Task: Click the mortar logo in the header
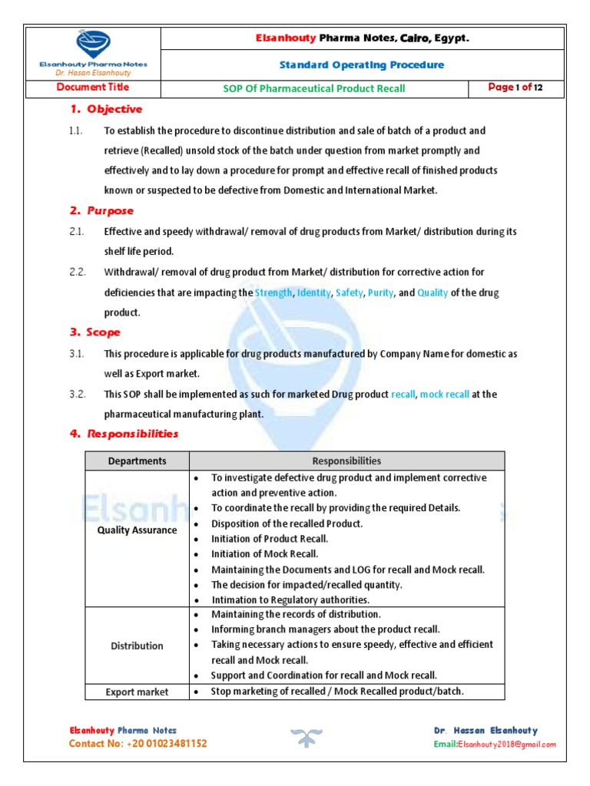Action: click(x=92, y=44)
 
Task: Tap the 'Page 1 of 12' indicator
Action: click(x=515, y=88)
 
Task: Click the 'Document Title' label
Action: click(x=92, y=88)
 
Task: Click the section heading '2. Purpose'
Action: click(x=102, y=211)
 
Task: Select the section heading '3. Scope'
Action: click(x=95, y=332)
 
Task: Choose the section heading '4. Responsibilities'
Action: click(x=124, y=434)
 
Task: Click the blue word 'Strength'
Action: click(x=273, y=292)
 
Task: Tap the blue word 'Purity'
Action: click(x=380, y=292)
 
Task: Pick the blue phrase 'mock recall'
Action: click(x=445, y=394)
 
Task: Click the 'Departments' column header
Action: click(x=137, y=461)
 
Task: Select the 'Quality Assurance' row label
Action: click(x=137, y=530)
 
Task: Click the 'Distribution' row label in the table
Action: click(x=137, y=646)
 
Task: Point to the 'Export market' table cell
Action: click(x=137, y=692)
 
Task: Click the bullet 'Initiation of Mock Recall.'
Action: click(x=264, y=553)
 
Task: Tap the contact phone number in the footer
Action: click(x=138, y=744)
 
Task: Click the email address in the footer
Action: click(x=495, y=745)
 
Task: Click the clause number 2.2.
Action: click(x=76, y=272)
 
